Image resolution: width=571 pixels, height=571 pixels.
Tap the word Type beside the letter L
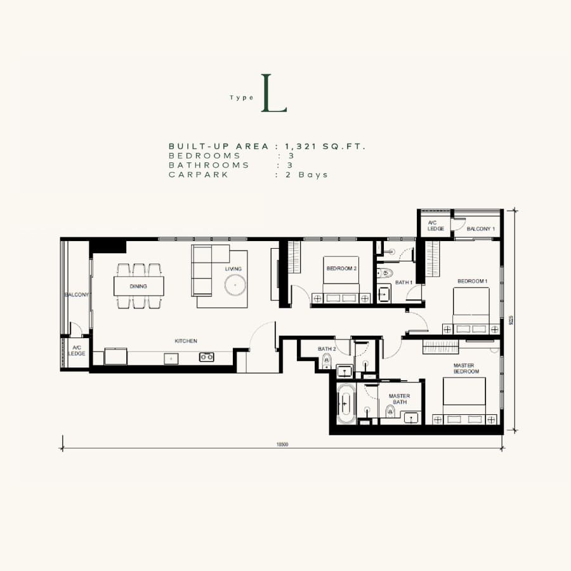(242, 98)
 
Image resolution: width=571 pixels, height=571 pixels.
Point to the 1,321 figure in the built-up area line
(301, 147)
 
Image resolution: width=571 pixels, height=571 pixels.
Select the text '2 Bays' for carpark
(306, 175)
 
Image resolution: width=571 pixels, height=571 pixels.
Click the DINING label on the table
(138, 286)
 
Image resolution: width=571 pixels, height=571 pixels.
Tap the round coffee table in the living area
(235, 285)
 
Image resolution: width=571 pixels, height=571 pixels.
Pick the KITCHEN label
(186, 341)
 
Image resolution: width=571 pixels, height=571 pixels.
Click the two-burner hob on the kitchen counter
(206, 357)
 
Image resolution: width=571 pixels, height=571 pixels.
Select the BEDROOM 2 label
(341, 268)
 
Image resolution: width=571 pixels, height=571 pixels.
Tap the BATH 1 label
(404, 282)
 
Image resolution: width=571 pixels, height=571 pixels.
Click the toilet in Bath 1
(384, 273)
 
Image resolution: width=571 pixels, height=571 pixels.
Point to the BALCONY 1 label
(481, 228)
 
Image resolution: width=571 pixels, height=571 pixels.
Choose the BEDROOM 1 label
(472, 281)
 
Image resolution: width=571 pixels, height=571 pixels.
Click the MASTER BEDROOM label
(466, 368)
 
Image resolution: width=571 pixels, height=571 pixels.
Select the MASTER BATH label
(400, 399)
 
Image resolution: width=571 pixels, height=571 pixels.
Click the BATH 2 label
(327, 349)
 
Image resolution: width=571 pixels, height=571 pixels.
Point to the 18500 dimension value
(282, 444)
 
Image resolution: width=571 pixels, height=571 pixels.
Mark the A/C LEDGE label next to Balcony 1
(435, 226)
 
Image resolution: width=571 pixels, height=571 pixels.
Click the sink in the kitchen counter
(171, 358)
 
